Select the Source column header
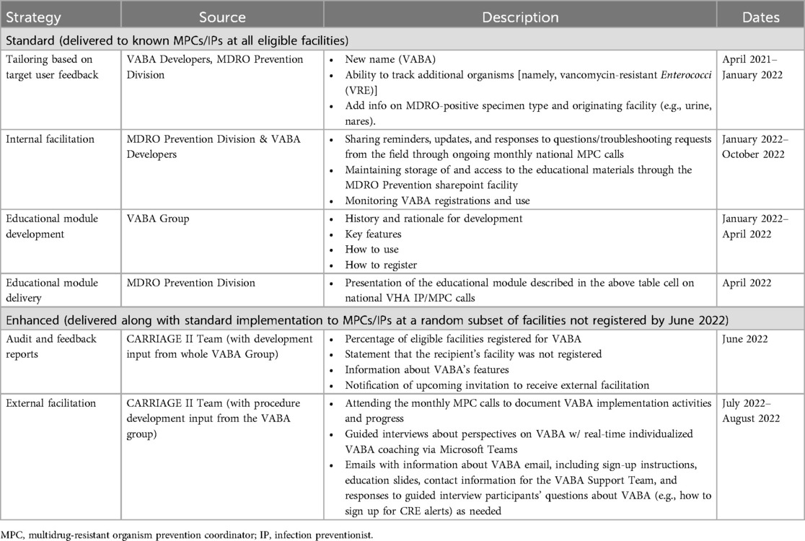pyautogui.click(x=222, y=17)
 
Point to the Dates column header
pyautogui.click(x=760, y=17)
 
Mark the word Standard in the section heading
pyautogui.click(x=30, y=39)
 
